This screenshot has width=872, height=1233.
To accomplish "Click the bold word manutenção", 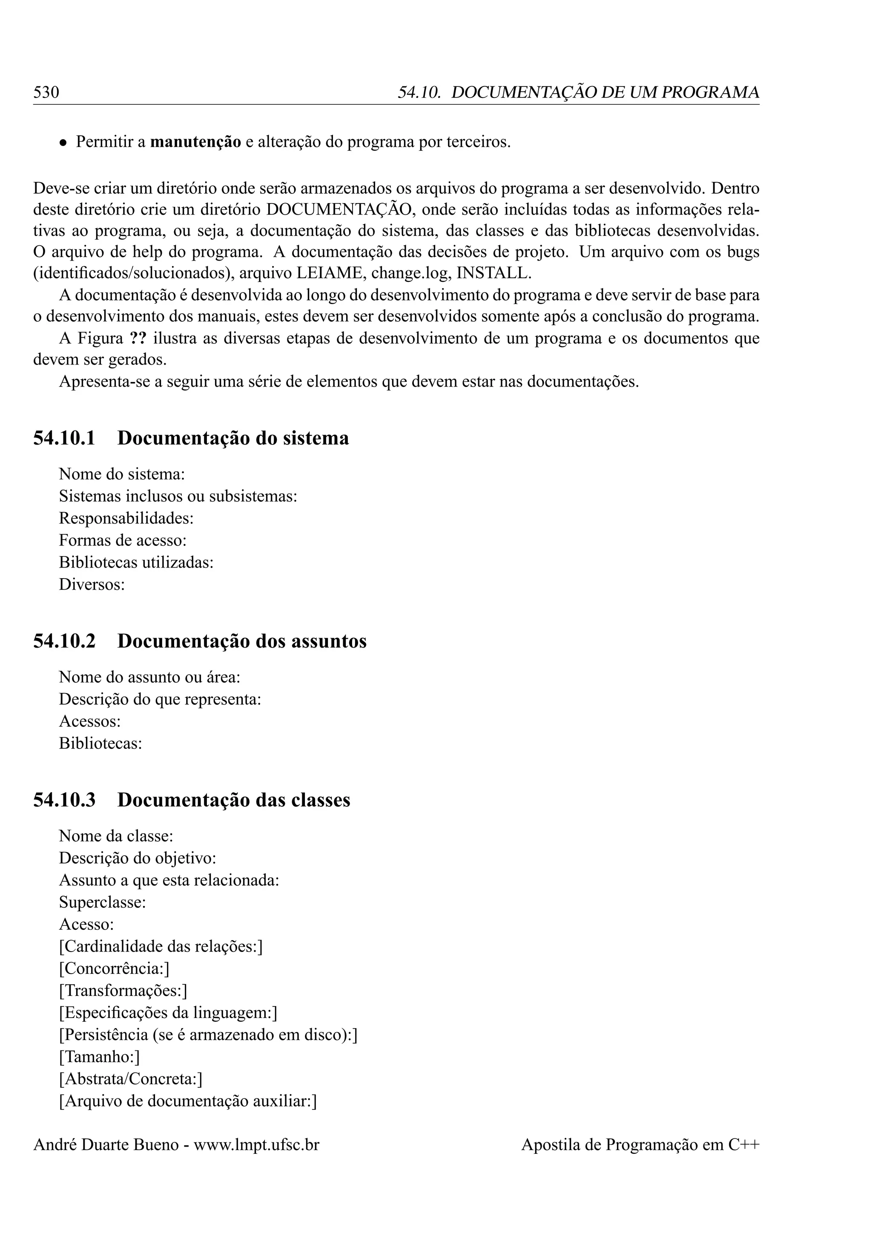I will (195, 142).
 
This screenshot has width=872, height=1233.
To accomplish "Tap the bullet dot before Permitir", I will (63, 143).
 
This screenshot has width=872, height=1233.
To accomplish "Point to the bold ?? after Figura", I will (138, 339).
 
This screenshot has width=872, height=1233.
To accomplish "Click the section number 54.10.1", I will (64, 438).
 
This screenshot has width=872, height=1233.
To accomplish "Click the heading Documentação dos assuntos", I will (241, 641).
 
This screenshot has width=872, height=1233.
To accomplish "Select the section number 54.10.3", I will (64, 800).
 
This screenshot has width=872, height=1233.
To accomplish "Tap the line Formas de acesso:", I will (123, 540).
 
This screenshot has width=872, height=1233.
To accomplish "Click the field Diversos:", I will (92, 584).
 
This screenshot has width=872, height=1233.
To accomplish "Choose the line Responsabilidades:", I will (126, 518).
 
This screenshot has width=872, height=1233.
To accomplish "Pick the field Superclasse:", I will (103, 902).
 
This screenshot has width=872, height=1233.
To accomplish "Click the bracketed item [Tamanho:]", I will (99, 1057).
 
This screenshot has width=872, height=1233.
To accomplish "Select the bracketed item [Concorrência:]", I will (115, 968).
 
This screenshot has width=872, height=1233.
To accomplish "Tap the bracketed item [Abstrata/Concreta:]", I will (130, 1079).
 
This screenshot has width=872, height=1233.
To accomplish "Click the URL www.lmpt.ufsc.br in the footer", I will (256, 1145).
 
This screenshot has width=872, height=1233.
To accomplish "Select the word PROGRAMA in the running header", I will (710, 92).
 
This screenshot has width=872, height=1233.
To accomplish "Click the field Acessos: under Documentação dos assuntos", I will (90, 721).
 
